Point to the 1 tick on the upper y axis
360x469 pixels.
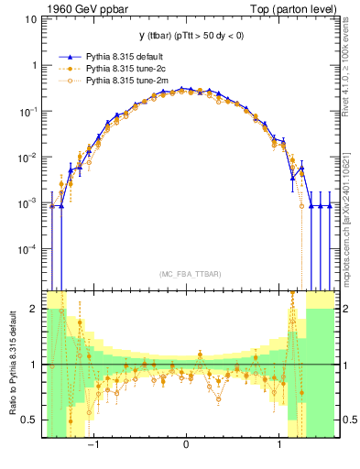[x=34, y=66]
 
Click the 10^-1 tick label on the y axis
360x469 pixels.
[x=28, y=112]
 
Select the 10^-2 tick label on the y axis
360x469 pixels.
[x=28, y=158]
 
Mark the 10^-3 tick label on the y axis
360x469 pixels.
[x=28, y=203]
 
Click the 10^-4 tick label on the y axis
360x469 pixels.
[x=28, y=249]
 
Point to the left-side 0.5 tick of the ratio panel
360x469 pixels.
[x=31, y=420]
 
